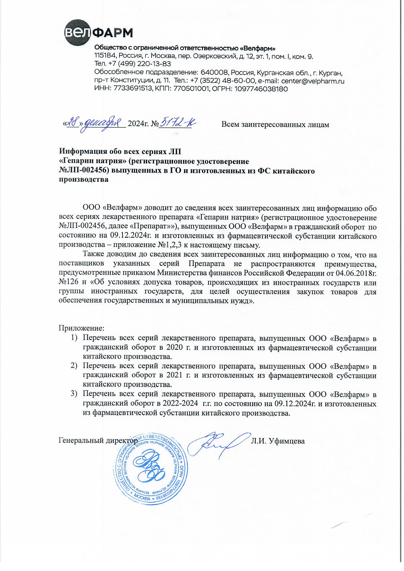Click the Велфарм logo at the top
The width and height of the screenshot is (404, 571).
[x=98, y=33]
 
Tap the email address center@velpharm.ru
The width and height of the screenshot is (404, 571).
[x=312, y=81]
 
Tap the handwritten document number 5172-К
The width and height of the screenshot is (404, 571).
[x=179, y=123]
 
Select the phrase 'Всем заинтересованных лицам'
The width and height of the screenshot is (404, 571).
[x=275, y=124]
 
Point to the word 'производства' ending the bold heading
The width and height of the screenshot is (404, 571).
[x=83, y=179]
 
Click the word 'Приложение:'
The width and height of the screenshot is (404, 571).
[x=81, y=328]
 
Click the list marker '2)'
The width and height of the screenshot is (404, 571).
[x=74, y=366]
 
